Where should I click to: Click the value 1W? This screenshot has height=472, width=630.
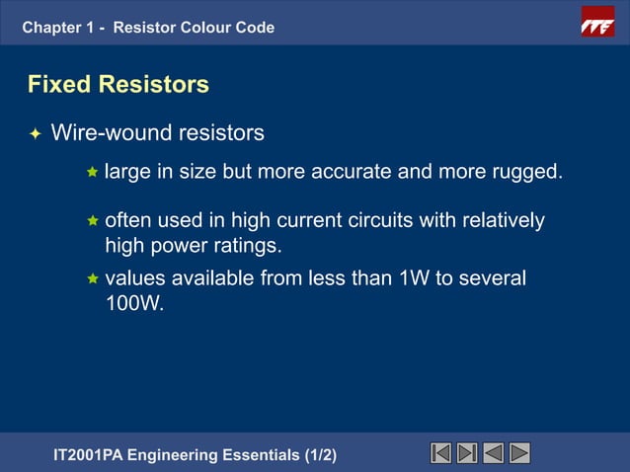[414, 279]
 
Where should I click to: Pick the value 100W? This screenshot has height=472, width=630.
[133, 305]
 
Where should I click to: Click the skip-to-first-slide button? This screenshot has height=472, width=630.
[441, 453]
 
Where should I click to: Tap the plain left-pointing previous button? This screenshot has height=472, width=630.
[494, 453]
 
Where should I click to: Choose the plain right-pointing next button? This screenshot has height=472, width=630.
[519, 453]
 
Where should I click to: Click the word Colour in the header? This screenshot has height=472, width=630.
[203, 28]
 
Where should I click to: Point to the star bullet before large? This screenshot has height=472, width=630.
[92, 173]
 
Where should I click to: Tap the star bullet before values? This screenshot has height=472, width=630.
[92, 280]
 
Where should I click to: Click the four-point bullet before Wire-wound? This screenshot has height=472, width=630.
[36, 133]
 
